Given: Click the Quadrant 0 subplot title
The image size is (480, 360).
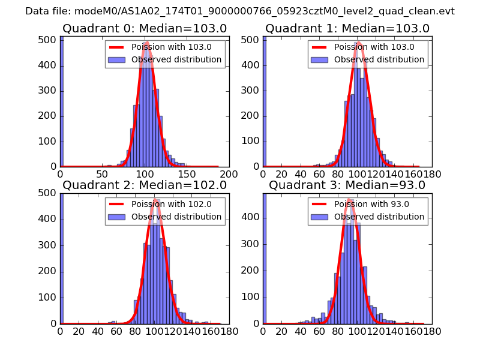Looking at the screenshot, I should coord(145,28).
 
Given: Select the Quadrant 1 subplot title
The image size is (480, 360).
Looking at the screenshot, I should coord(347,28).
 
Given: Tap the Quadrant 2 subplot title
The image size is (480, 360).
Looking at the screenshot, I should coord(145,185).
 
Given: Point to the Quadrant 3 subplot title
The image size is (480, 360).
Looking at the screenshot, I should coord(347,185).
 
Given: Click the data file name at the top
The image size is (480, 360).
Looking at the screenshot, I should coord(240,11).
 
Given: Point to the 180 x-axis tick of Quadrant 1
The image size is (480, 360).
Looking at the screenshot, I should coord(432,174).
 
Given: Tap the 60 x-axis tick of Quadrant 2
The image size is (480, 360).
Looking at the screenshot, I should coord(116,331).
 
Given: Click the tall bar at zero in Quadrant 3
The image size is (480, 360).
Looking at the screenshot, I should coord(265,258).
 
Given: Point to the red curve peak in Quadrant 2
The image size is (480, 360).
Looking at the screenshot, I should coord(155,199).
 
